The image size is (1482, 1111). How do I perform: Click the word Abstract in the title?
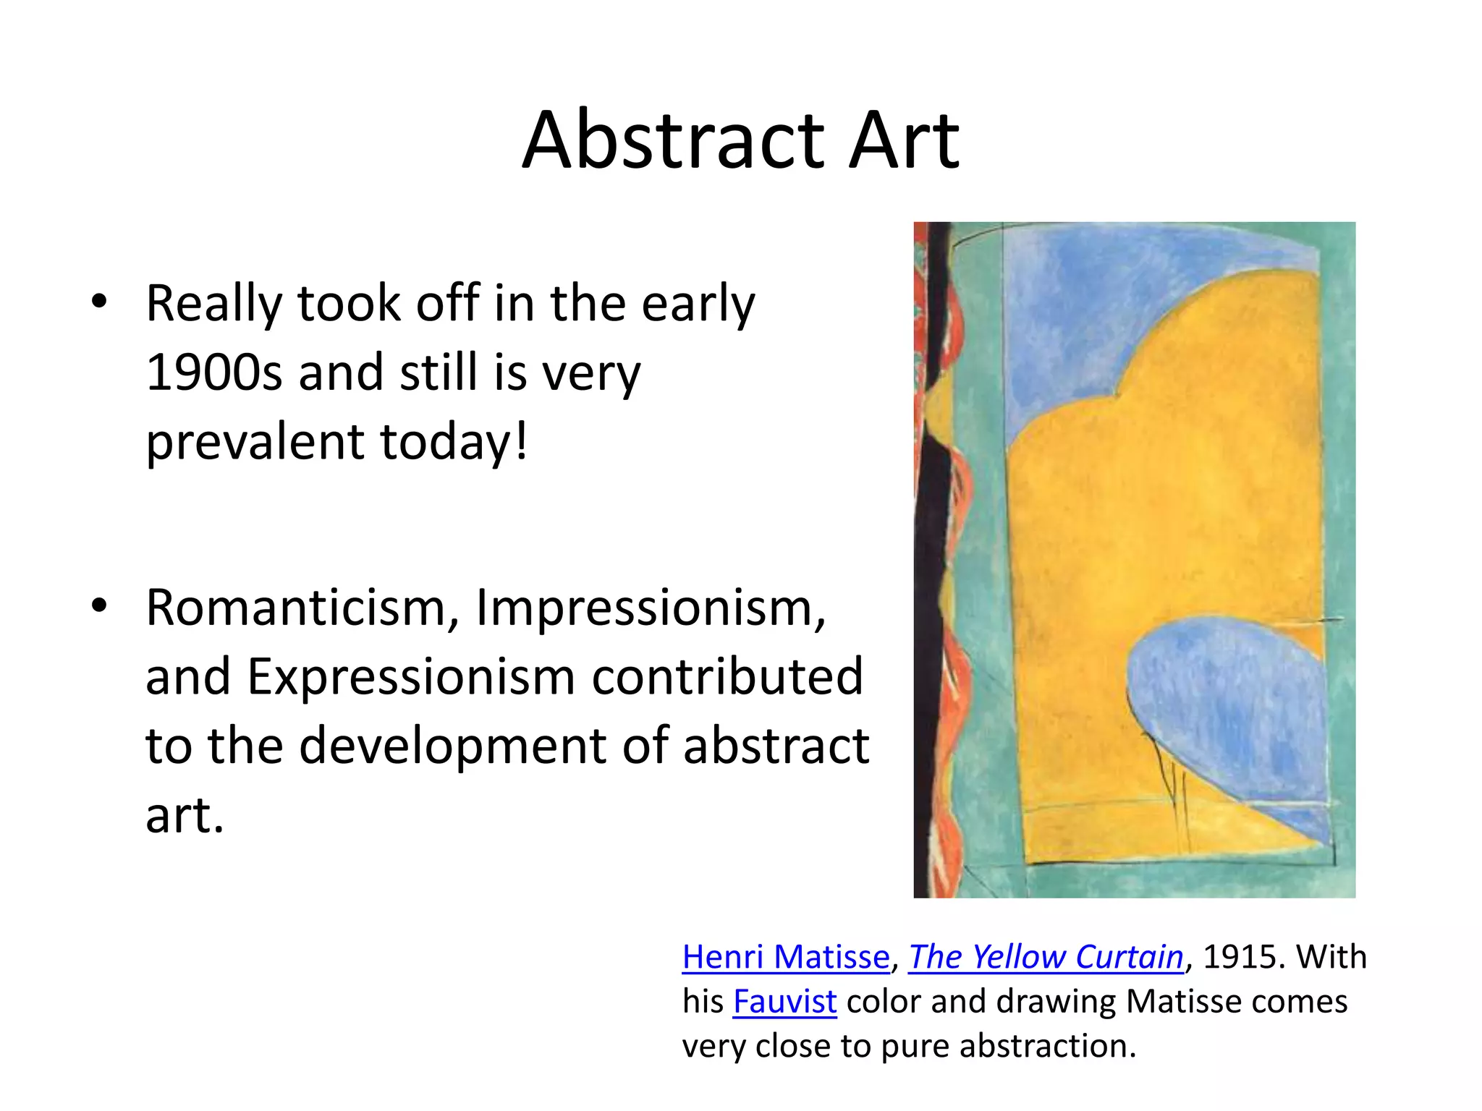pyautogui.click(x=674, y=141)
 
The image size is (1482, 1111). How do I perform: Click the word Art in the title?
pyautogui.click(x=904, y=141)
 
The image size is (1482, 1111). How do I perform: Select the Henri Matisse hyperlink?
pyautogui.click(x=786, y=957)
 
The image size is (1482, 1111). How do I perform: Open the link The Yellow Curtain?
pyautogui.click(x=1046, y=957)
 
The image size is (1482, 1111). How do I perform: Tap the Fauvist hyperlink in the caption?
pyautogui.click(x=784, y=1002)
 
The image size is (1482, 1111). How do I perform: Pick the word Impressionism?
pyautogui.click(x=650, y=608)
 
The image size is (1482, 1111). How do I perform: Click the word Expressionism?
pyautogui.click(x=410, y=677)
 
